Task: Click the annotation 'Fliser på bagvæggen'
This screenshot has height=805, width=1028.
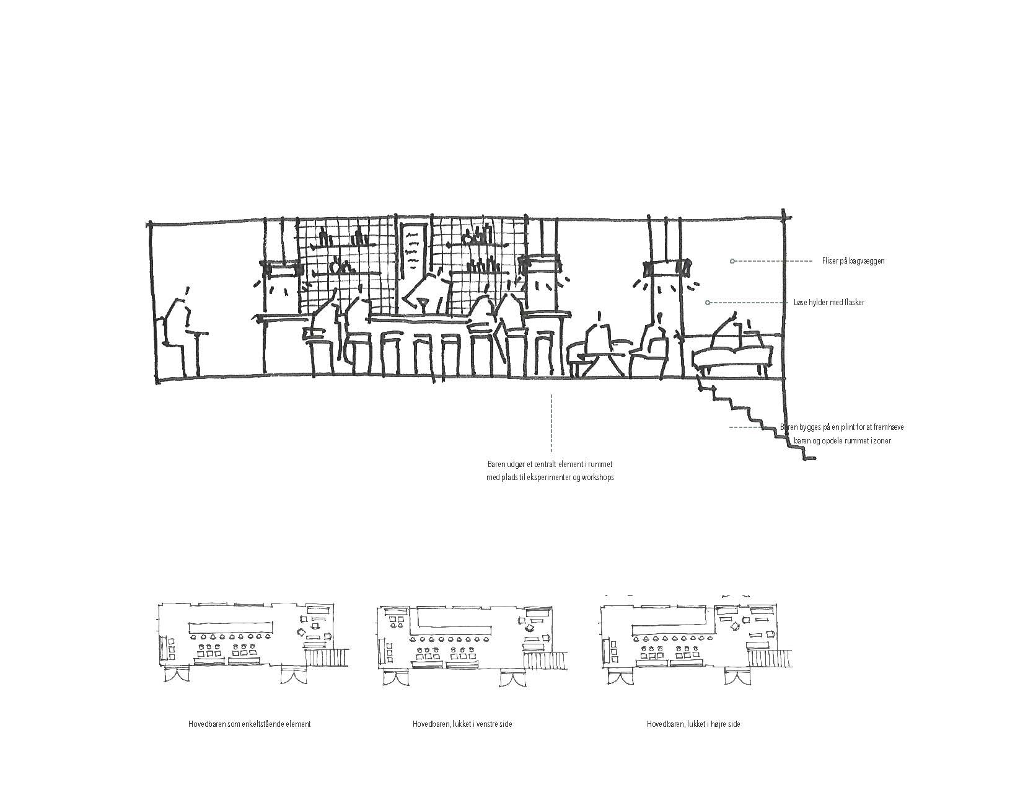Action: coord(853,260)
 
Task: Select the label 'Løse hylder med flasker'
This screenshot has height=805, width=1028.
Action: coord(829,303)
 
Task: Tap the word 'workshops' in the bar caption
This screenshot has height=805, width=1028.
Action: coord(597,477)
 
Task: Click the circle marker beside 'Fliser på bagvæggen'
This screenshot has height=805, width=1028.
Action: coord(732,260)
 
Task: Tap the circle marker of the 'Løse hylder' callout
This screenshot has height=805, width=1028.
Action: coord(708,303)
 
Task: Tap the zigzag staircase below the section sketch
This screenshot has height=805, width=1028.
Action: coord(755,417)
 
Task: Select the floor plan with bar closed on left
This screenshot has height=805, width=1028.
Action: coord(472,644)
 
